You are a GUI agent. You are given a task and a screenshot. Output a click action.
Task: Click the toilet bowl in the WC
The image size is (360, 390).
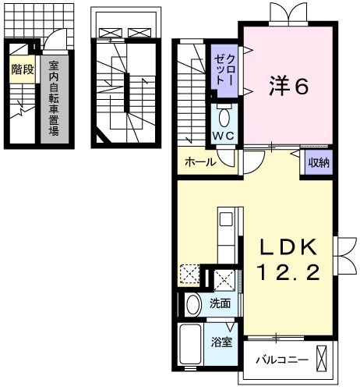coord(224,118)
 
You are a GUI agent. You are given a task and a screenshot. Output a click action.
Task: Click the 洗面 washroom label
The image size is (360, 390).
coord(220,303)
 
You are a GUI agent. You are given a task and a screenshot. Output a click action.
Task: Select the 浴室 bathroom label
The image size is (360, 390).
coord(221,342)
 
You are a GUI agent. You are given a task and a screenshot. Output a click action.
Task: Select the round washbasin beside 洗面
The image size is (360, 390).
coord(194,303)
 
